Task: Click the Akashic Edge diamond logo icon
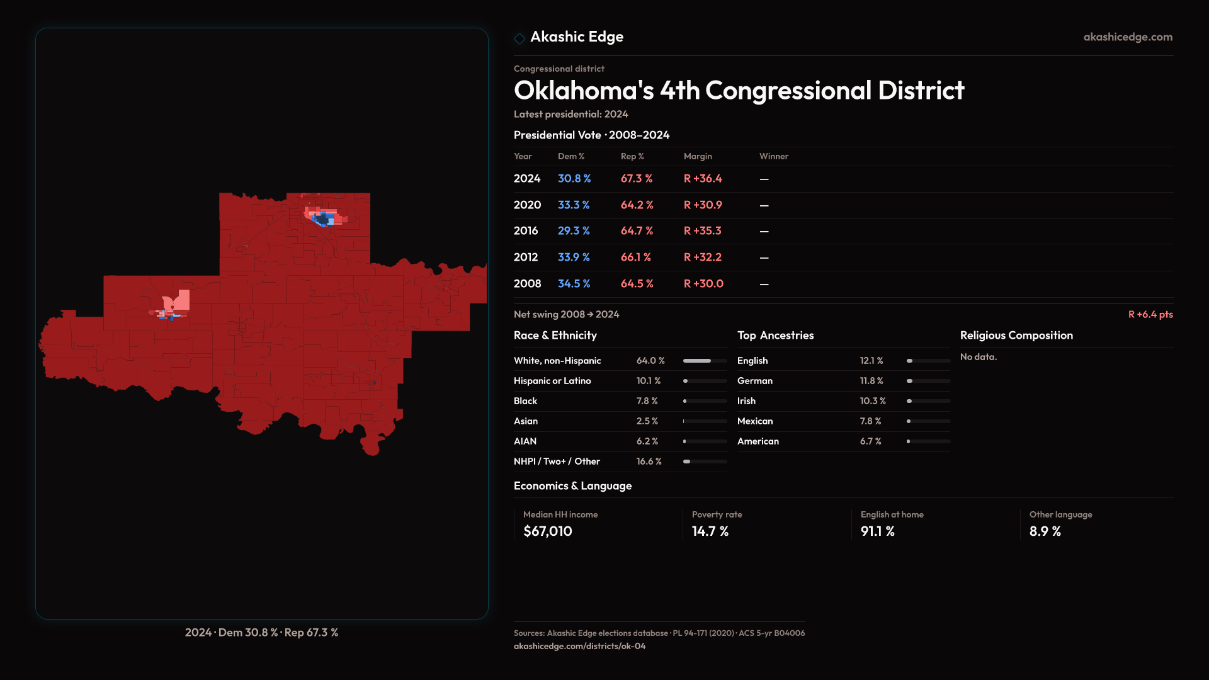519,38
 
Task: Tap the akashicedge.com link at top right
1128,37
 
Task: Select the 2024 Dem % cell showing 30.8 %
574,179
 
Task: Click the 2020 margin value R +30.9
703,205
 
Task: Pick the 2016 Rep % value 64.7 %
637,231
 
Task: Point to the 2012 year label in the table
526,258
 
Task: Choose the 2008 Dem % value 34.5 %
574,284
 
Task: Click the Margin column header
698,156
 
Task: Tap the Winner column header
773,156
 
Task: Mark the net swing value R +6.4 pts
1150,314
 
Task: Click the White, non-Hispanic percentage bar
705,361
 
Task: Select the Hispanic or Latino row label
552,381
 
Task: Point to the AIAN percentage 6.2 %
647,441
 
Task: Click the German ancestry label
754,381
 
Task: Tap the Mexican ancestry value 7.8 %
870,421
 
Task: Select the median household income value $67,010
548,531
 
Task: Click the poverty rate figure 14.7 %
710,531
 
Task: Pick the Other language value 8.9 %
1045,531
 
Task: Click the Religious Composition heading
1016,336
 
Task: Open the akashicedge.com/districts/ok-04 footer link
579,646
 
